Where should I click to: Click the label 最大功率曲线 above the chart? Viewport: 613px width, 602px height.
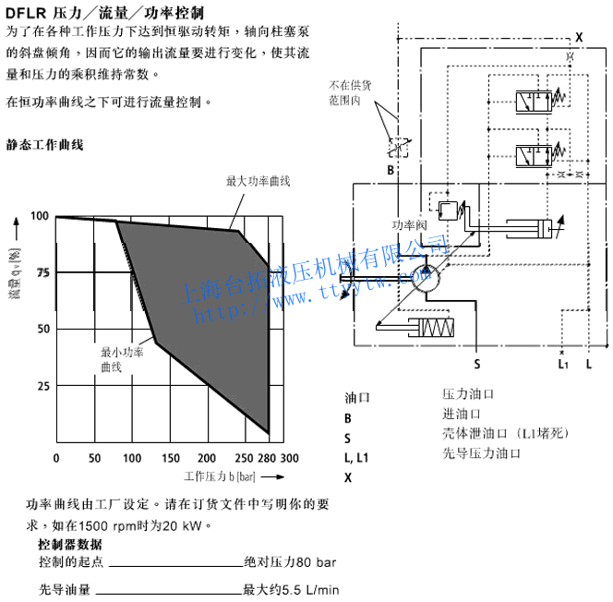258,181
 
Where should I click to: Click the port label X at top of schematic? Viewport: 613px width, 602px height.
579,36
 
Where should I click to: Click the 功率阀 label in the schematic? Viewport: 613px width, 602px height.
406,225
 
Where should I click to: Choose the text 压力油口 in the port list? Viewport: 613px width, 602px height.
469,394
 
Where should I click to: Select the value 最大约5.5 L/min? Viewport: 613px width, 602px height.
291,589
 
